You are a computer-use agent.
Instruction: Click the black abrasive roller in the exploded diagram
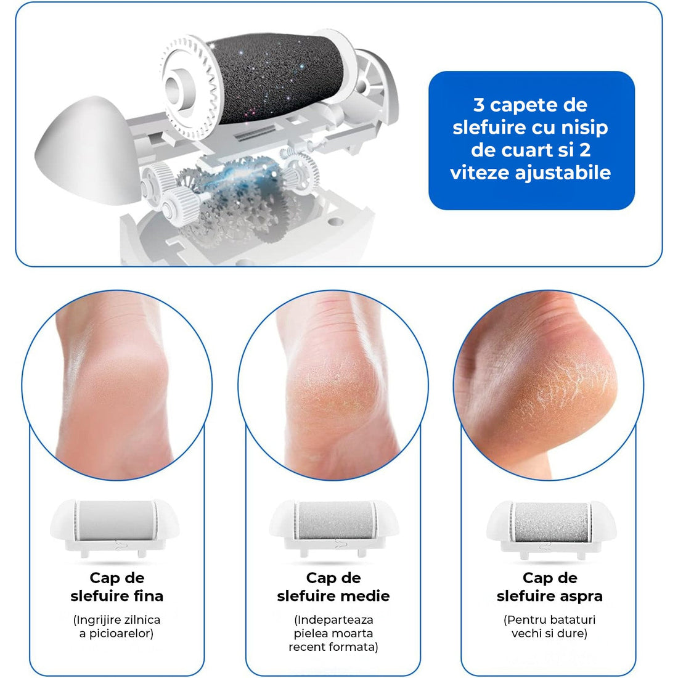277,78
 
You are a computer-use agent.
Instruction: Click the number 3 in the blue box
479,105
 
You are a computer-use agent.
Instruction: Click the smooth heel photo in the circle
116,385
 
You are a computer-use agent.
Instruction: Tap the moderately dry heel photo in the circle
333,385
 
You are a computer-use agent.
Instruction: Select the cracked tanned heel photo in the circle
549,385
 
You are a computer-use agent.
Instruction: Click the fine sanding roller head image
115,528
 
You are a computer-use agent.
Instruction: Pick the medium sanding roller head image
334,528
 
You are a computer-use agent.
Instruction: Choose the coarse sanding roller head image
551,528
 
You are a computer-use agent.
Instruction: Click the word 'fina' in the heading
149,596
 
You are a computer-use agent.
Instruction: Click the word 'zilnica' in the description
142,619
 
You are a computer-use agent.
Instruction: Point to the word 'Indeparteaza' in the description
335,620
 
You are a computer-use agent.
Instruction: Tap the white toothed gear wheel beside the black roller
190,86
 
